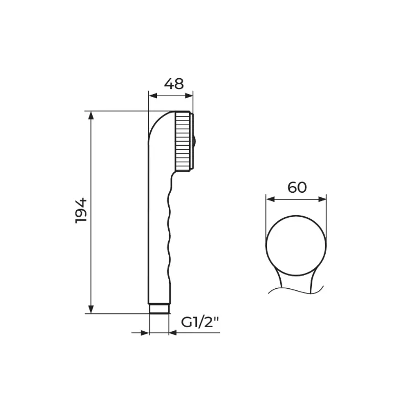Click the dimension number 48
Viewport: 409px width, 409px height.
pyautogui.click(x=174, y=84)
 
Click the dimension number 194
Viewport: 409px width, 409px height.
pyautogui.click(x=81, y=211)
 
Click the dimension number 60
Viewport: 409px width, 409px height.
pyautogui.click(x=297, y=187)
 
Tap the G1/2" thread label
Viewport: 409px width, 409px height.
pyautogui.click(x=199, y=323)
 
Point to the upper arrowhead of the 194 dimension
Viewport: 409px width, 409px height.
pyautogui.click(x=91, y=116)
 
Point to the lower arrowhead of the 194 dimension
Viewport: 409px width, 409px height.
pyautogui.click(x=91, y=309)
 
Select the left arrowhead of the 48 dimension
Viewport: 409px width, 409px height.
pyautogui.click(x=153, y=96)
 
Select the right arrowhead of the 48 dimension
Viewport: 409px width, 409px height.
pyautogui.click(x=189, y=96)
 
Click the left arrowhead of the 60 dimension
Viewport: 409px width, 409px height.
pyautogui.click(x=270, y=199)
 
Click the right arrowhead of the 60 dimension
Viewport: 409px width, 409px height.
pyautogui.click(x=322, y=199)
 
